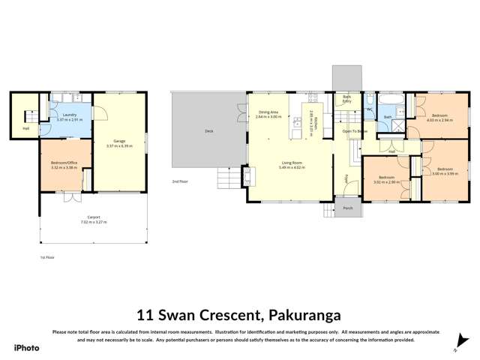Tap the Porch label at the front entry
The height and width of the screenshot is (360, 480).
pos(347,208)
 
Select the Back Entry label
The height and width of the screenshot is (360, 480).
pos(347,97)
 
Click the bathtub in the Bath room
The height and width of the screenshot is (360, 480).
pos(392,100)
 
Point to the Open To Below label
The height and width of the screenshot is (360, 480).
pos(354,131)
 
